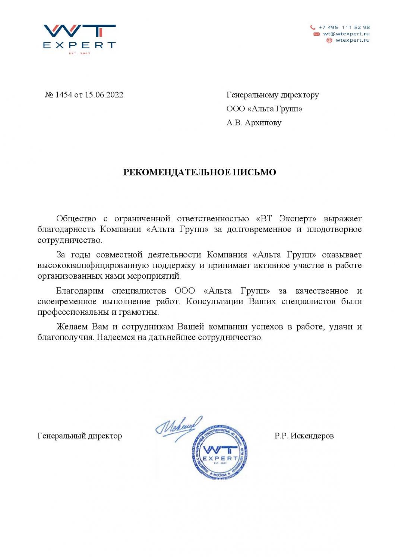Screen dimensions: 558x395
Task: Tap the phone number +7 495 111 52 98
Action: (x=344, y=28)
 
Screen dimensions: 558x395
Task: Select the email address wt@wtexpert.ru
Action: (x=346, y=34)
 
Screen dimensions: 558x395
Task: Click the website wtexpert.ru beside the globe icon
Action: (x=352, y=40)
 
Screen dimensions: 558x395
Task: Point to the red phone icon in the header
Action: (x=313, y=28)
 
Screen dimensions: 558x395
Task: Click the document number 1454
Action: (x=63, y=95)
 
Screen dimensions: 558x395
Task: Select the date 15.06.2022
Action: (x=104, y=95)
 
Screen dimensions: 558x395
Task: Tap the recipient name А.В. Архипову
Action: (x=254, y=122)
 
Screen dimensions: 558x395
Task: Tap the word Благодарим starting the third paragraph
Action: (x=80, y=291)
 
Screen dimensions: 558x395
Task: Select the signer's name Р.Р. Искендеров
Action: (x=304, y=436)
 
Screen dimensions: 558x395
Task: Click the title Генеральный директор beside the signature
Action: (x=80, y=436)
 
